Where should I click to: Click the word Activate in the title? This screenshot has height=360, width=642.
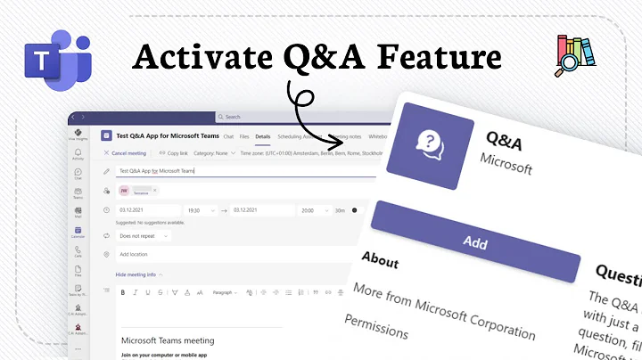click(192, 58)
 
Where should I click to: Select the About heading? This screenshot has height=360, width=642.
click(379, 261)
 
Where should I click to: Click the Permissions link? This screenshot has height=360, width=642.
click(375, 325)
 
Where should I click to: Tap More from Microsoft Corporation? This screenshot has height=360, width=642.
click(442, 311)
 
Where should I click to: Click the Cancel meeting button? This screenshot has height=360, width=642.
click(126, 152)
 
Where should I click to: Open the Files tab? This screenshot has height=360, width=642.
click(244, 136)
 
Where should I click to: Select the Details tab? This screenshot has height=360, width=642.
click(263, 136)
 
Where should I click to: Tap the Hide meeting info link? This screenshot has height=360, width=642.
click(136, 274)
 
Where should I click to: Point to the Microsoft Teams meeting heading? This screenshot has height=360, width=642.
click(168, 340)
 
